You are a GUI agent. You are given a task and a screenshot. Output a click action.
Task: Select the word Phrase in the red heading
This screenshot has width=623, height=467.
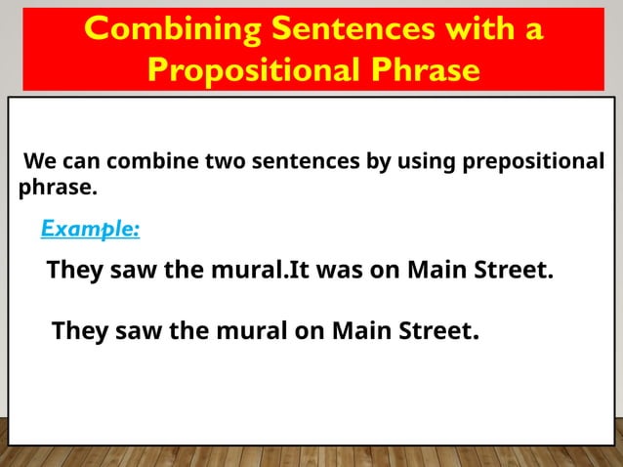click(x=422, y=70)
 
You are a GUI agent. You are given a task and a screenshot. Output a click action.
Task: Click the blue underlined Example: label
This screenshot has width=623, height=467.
click(x=90, y=229)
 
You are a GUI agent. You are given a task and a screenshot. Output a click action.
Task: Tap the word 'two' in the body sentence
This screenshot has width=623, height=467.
click(x=225, y=161)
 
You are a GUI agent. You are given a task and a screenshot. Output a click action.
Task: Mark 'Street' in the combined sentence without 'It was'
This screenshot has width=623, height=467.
click(x=437, y=331)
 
